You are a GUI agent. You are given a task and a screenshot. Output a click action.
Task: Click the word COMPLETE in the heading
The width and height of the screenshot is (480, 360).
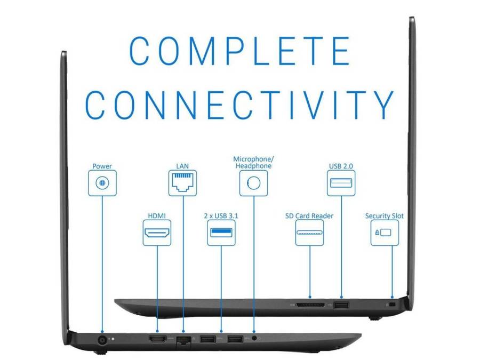pos(239,51)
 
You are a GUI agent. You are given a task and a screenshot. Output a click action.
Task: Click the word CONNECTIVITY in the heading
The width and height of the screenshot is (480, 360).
pos(239,105)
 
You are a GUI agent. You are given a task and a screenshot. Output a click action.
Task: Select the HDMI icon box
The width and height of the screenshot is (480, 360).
pos(157,233)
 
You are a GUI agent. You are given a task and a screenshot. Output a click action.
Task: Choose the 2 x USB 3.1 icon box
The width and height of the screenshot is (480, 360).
pos(221,233)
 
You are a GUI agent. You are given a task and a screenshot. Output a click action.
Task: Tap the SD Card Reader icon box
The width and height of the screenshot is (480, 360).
pos(309,233)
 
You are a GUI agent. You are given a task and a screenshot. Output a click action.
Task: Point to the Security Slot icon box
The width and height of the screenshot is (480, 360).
pos(385,233)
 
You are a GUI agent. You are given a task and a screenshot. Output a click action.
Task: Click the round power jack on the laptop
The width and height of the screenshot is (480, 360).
pos(101,339)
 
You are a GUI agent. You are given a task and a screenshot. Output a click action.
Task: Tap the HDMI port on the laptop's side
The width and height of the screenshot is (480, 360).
pos(157,339)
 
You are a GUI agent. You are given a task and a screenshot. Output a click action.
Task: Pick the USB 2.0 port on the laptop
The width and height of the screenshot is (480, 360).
pos(341,305)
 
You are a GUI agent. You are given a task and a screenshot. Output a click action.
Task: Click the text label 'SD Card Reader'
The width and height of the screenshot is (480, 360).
pos(309,216)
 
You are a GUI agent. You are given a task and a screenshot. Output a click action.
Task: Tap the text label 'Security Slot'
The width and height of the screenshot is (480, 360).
pos(385,216)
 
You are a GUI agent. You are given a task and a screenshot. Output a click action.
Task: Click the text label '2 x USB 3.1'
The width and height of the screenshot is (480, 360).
pos(221,216)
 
